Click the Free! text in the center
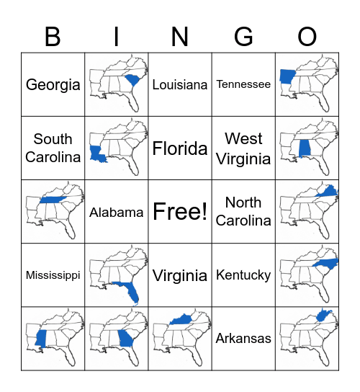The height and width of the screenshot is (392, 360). pos(180,212)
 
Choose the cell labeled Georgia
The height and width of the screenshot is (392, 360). pos(53,84)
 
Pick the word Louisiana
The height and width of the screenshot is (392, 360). pos(180,84)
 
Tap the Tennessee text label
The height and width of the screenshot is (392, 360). pos(243,84)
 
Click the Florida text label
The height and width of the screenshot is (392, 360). pos(180,148)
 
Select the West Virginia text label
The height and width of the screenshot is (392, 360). pos(243,148)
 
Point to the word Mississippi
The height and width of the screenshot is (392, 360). pos(53,275)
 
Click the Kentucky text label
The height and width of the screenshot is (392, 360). pos(243,275)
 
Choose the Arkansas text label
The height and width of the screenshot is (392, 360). pos(243,339)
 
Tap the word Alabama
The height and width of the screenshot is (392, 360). pos(117,212)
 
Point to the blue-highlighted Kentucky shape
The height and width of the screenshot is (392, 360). pos(182,320)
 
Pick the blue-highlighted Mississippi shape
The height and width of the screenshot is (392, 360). pos(40,339)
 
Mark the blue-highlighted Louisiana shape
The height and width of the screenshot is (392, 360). pos(97,153)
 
